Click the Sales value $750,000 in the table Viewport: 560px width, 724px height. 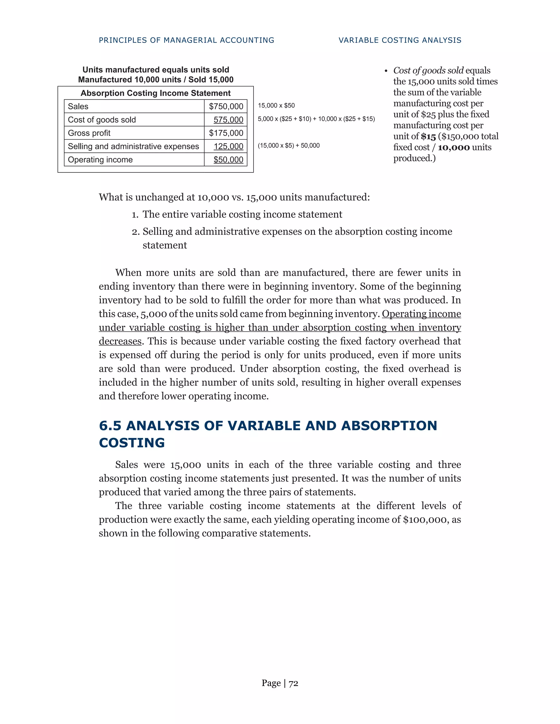tap(226, 106)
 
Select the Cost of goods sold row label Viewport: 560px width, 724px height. tap(102, 120)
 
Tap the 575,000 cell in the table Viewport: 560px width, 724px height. tap(228, 120)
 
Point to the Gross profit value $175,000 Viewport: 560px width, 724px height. tap(226, 133)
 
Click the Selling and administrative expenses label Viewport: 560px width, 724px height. tap(133, 146)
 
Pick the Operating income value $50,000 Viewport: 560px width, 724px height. tap(228, 160)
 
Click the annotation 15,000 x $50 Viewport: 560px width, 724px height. tap(276, 105)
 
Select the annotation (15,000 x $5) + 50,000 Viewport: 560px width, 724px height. tap(289, 146)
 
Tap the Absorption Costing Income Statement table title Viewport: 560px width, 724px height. tap(155, 93)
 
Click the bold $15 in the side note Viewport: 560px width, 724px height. tap(428, 137)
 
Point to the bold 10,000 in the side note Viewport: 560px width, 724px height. tap(454, 148)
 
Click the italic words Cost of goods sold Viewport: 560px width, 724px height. tap(428, 70)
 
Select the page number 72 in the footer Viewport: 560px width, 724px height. tap(293, 683)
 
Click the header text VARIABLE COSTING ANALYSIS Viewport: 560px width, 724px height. tap(400, 40)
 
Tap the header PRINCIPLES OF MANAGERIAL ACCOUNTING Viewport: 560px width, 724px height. tap(186, 40)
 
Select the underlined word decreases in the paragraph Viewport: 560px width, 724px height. tap(120, 341)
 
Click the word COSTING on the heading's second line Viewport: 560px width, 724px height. tap(132, 443)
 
